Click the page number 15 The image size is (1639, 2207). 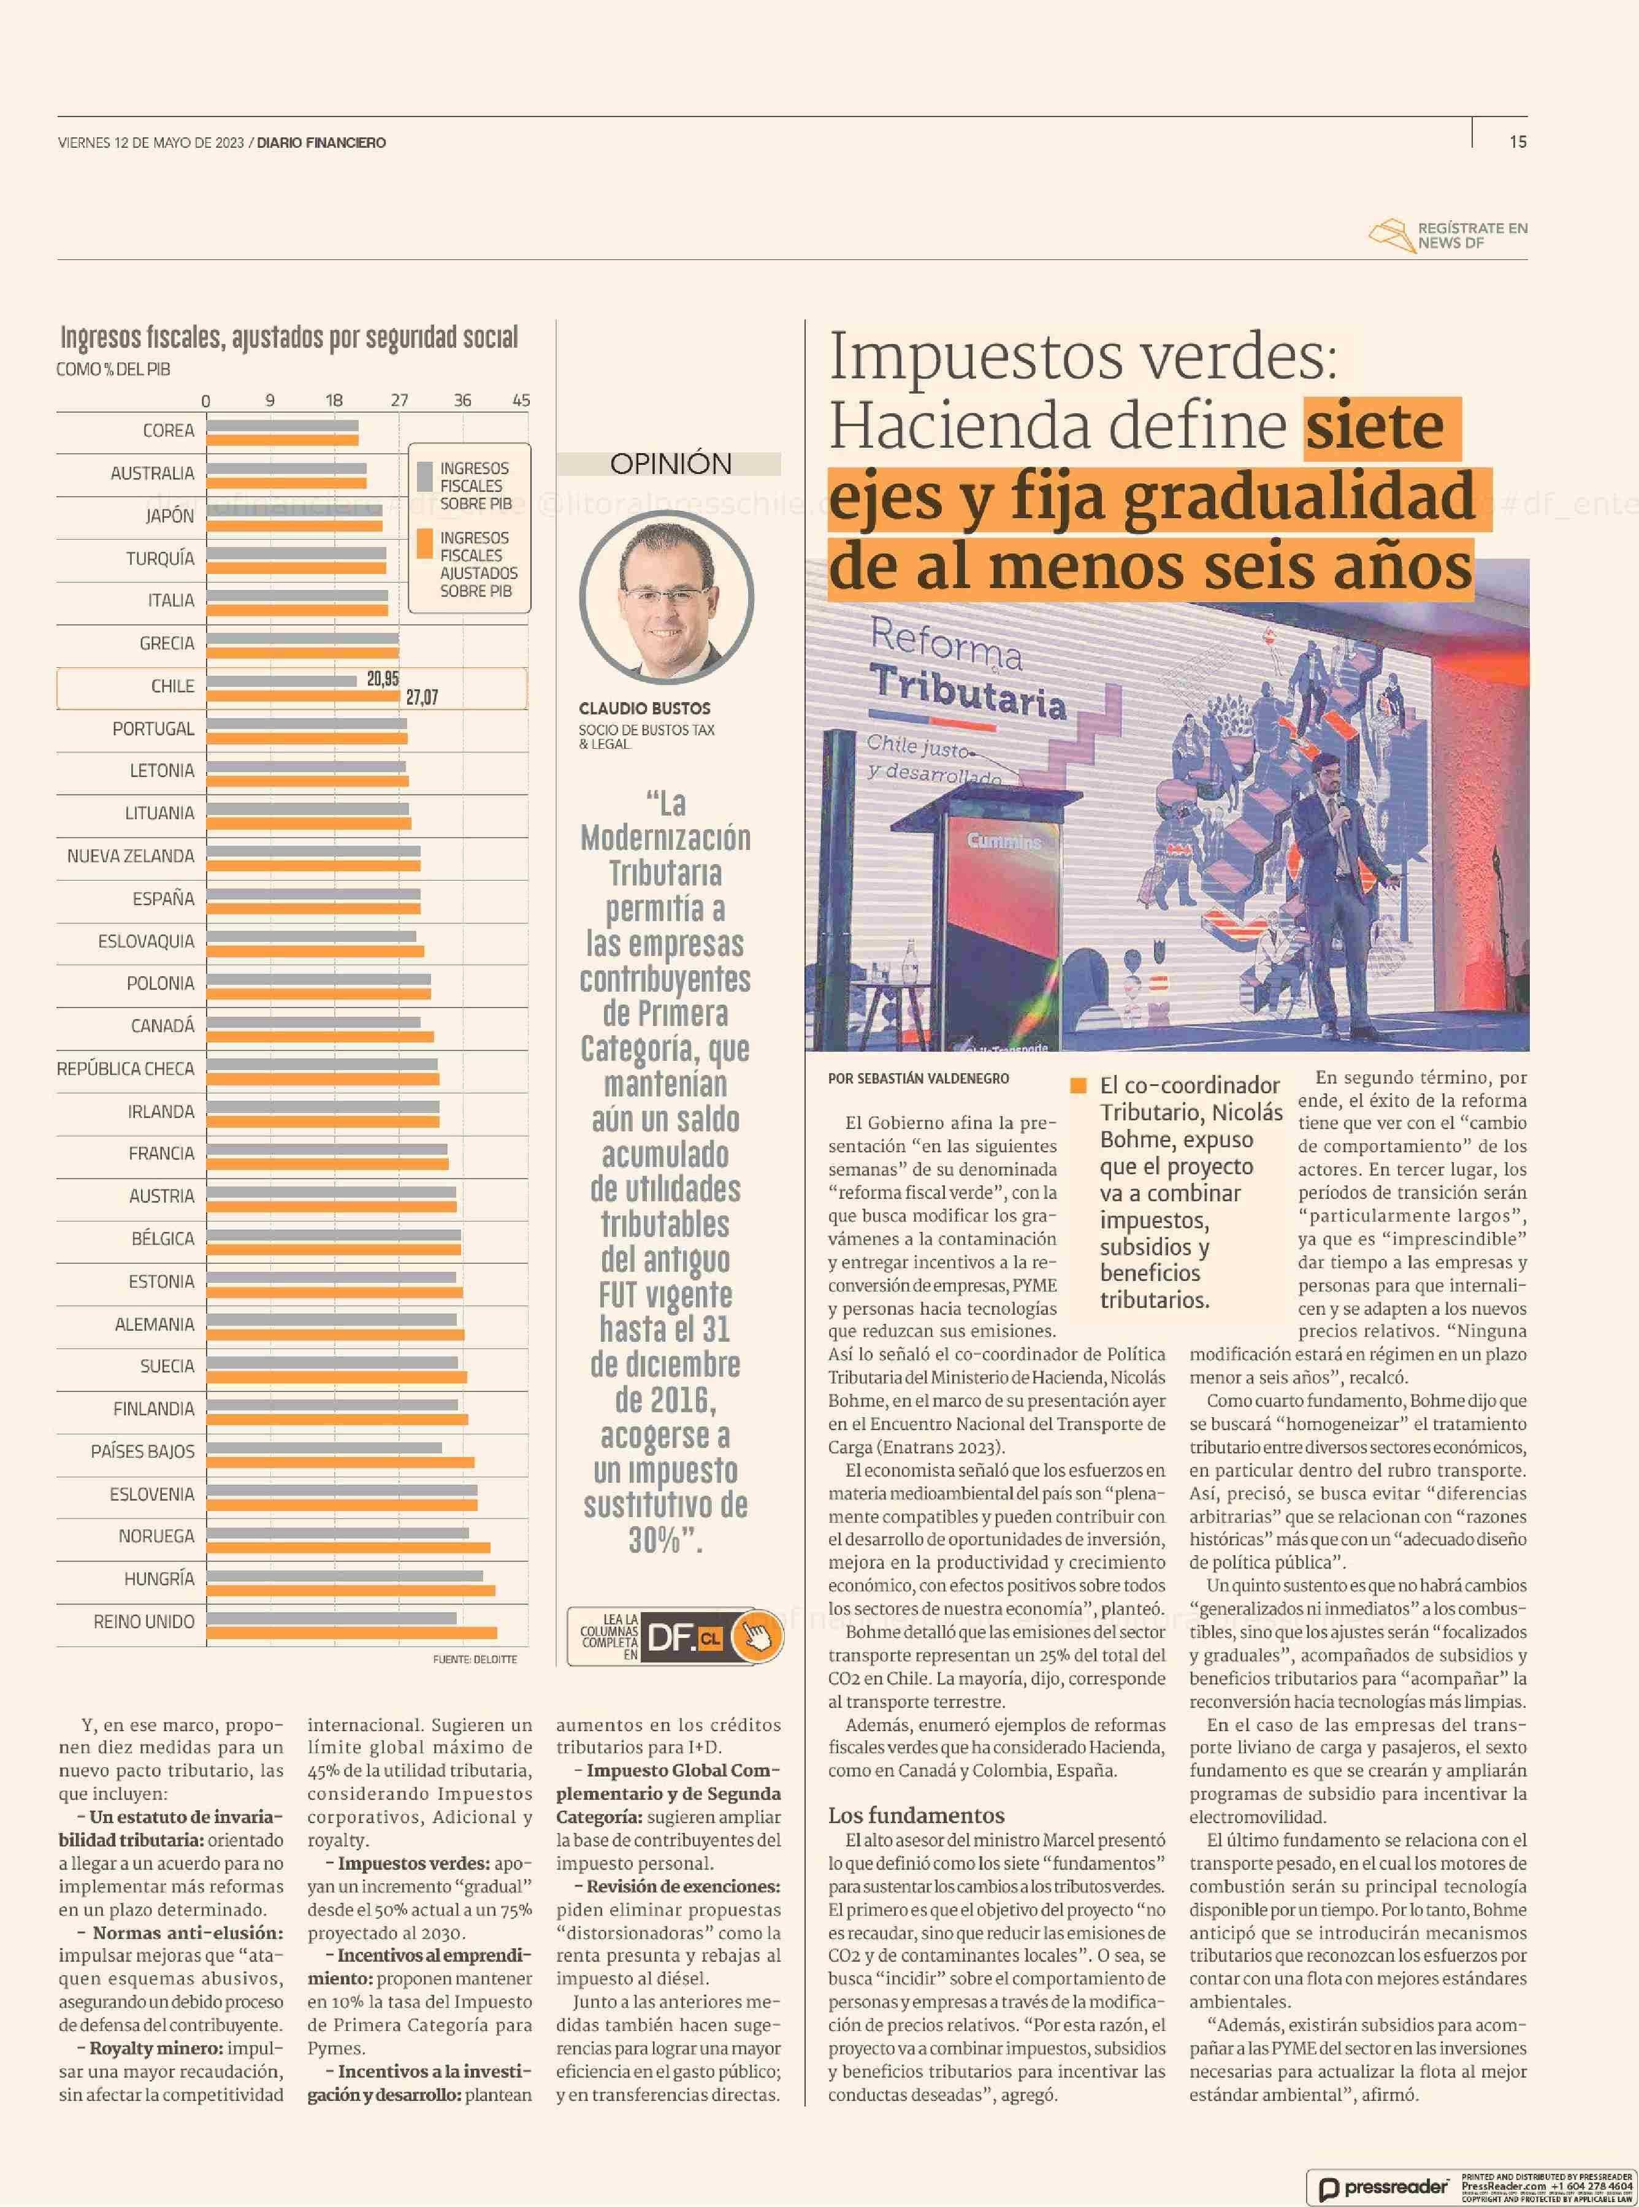click(1517, 142)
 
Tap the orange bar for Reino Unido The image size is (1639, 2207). click(351, 1632)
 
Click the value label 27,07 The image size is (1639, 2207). click(422, 698)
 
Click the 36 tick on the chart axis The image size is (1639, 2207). click(462, 401)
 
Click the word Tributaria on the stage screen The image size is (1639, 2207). click(968, 692)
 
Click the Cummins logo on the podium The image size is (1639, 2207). click(1004, 841)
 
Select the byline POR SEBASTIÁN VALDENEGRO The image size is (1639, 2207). click(918, 1079)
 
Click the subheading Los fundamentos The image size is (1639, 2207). click(915, 1816)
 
